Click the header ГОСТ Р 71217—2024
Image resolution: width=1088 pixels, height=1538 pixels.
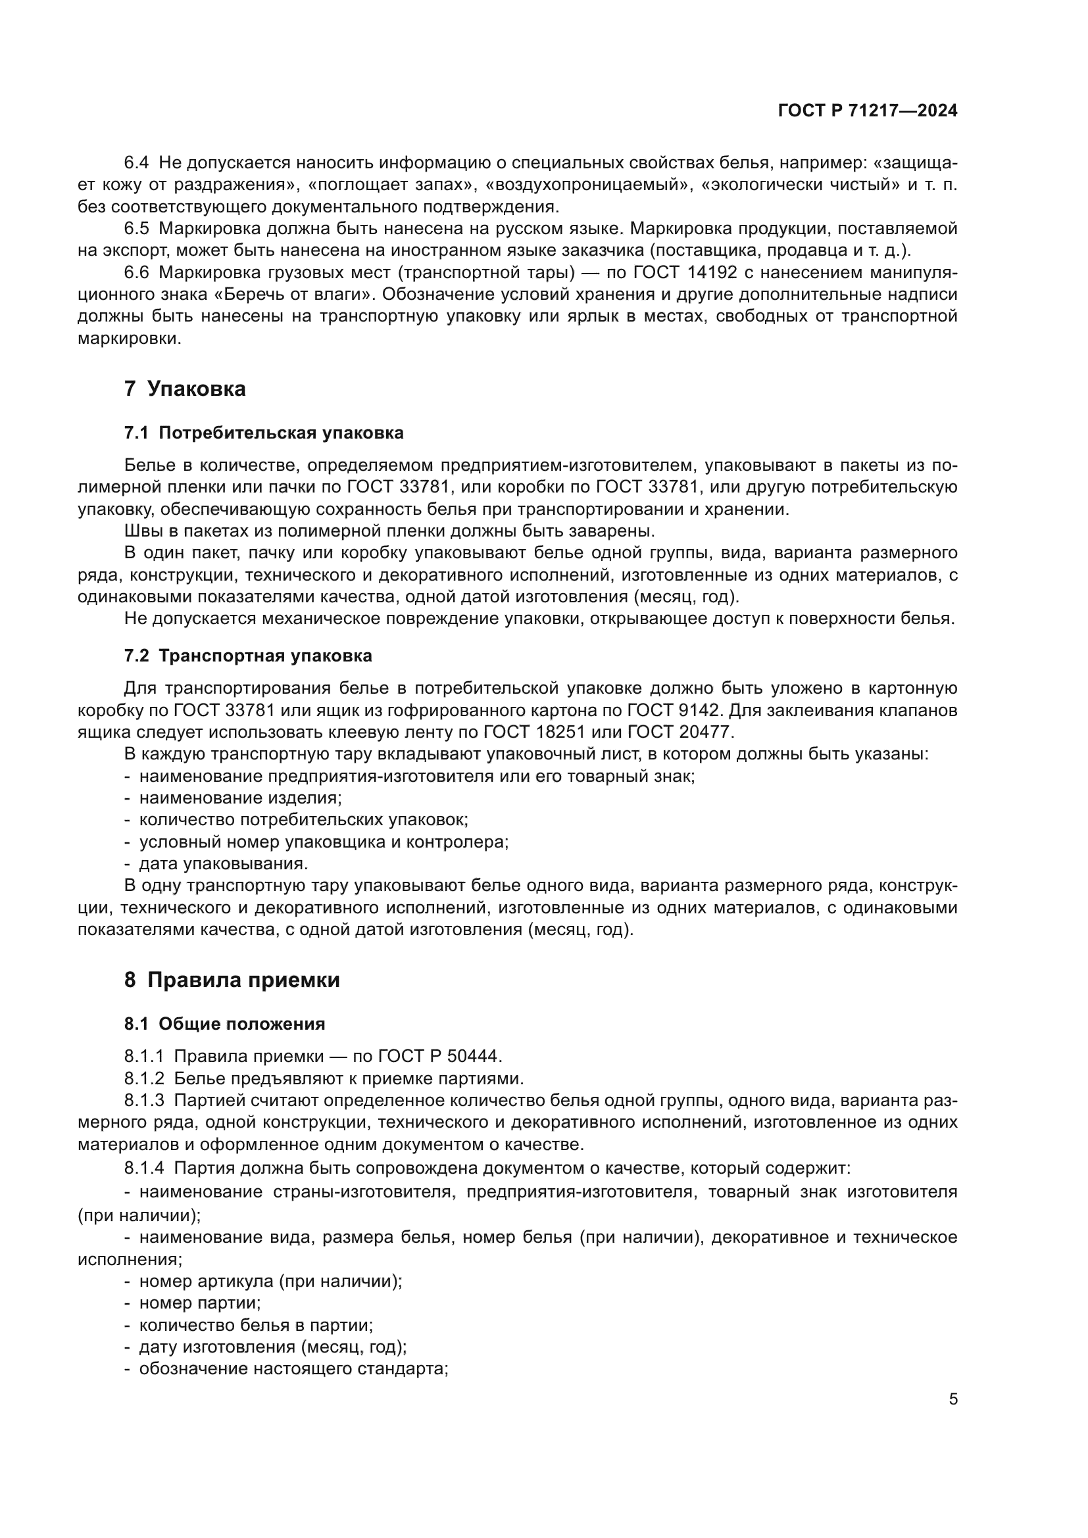(868, 111)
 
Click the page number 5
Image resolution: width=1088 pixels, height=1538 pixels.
(953, 1399)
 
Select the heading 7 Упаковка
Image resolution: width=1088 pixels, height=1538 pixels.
(185, 389)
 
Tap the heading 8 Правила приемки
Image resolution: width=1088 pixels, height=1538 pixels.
(232, 980)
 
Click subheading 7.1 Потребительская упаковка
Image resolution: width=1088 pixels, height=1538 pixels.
(264, 433)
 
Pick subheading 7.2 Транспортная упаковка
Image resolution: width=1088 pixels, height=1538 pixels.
(248, 656)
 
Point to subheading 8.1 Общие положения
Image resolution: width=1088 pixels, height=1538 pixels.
(224, 1024)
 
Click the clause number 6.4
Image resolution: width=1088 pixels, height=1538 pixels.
(137, 163)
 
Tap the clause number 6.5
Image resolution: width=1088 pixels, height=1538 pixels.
(137, 228)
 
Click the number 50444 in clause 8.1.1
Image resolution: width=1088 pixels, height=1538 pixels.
(473, 1057)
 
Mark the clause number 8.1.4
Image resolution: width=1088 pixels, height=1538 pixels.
(144, 1168)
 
